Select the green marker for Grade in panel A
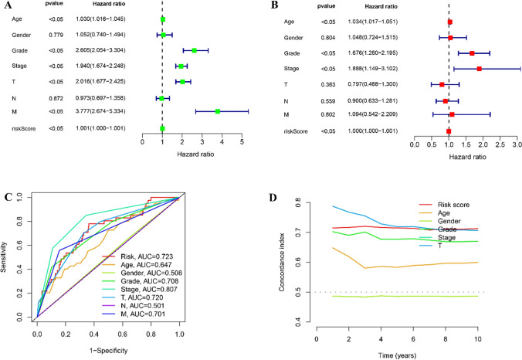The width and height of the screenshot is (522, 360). click(x=195, y=50)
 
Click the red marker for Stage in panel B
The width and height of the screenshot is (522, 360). click(x=480, y=69)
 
